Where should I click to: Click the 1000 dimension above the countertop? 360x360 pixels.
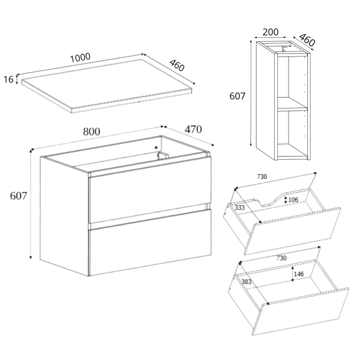point(80,58)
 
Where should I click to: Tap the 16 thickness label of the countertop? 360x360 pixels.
point(8,79)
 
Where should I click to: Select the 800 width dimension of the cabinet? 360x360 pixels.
point(91,132)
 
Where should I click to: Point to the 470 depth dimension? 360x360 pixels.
point(193,130)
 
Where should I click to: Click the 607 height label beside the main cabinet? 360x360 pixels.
point(19,196)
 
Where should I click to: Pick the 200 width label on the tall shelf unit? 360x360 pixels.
point(270,32)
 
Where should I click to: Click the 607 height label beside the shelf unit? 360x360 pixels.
point(238,96)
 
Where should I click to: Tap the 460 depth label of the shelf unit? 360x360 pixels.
point(307,40)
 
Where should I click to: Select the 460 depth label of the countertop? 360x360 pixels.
point(177,65)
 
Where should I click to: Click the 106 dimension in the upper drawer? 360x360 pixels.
point(293,200)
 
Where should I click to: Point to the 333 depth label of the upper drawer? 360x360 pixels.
point(239,208)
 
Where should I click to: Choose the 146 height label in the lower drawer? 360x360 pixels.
point(299,274)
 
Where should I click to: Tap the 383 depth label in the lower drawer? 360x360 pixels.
point(247,281)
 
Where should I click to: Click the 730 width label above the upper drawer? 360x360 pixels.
point(262,176)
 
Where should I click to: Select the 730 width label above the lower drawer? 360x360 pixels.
point(281,258)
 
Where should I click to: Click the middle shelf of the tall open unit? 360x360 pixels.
point(292,104)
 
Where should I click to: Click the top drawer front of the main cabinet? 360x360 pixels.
point(149,190)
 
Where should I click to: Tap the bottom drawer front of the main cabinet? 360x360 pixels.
point(149,242)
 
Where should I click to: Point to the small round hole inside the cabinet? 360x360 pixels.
point(156,148)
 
